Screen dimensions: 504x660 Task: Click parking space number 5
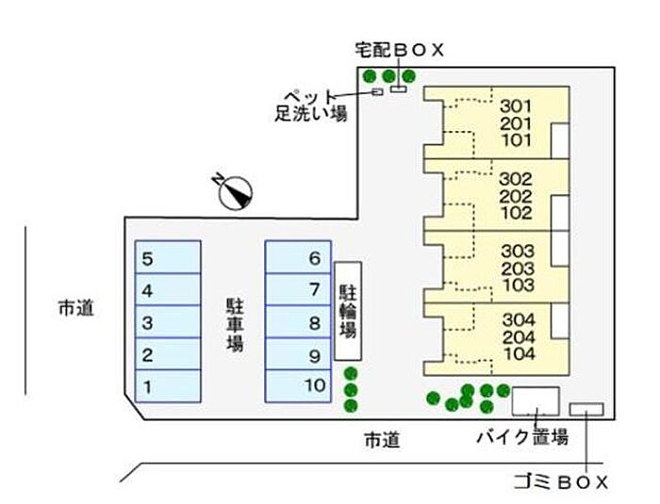167,257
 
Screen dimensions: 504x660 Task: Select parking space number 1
167,385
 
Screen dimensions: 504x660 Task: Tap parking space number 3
167,322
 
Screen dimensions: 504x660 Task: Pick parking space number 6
298,257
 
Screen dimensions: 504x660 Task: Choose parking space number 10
298,385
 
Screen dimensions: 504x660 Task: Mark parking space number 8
298,322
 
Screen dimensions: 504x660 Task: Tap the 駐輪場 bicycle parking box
347,312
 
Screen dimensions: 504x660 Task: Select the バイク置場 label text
521,437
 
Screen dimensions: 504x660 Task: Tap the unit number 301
516,106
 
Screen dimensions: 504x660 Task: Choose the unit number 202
516,196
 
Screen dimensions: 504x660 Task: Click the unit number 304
518,318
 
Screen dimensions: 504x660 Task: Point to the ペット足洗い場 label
311,106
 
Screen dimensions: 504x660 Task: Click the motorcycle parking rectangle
536,401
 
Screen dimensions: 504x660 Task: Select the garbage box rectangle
586,409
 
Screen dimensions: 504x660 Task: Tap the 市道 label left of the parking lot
75,307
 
